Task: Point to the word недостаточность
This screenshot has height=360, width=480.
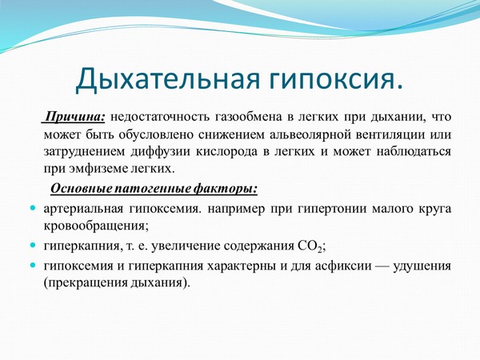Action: [x=165, y=117]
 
